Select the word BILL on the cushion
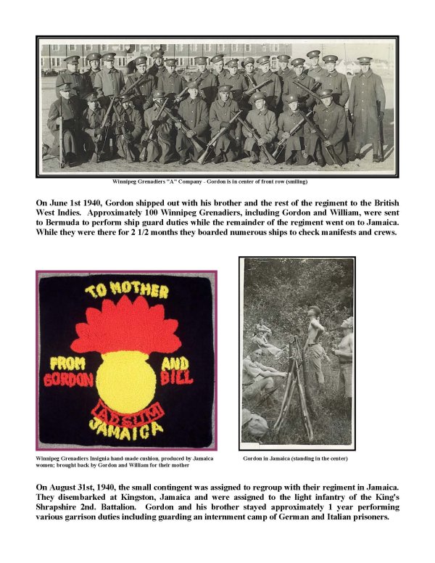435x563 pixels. pos(179,377)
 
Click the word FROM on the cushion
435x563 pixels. pos(67,363)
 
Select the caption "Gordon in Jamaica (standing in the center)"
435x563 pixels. pos(296,459)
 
